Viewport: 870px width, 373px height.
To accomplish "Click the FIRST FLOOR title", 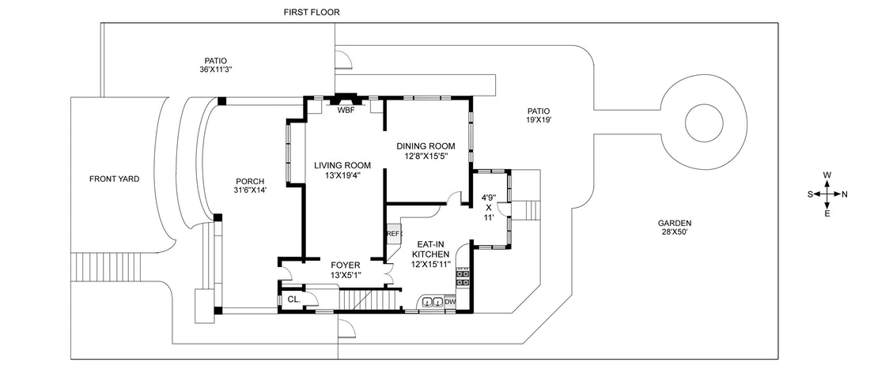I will pyautogui.click(x=312, y=13).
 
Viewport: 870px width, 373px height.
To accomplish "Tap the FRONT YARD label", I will pyautogui.click(x=114, y=179).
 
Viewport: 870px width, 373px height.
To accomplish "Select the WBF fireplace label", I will pyautogui.click(x=346, y=111).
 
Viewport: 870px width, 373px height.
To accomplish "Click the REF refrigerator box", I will pyautogui.click(x=393, y=234).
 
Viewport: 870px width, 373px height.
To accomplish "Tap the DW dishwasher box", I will pyautogui.click(x=450, y=302).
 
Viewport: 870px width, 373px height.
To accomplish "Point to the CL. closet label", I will pyautogui.click(x=293, y=300).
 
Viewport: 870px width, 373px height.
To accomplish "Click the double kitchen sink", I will pyautogui.click(x=431, y=302).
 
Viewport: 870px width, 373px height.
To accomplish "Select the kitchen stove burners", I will pyautogui.click(x=463, y=279).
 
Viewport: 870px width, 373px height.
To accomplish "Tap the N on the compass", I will pyautogui.click(x=844, y=194).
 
